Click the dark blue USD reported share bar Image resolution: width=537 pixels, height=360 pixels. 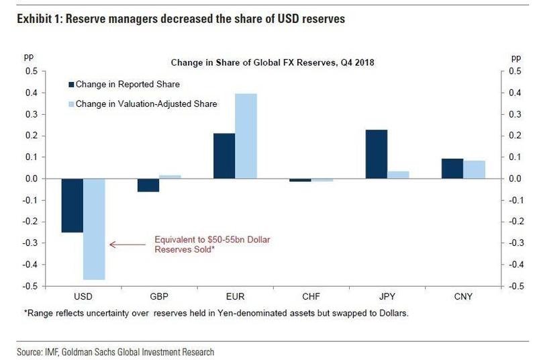click(x=72, y=206)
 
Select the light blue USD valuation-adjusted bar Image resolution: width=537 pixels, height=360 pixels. click(x=95, y=229)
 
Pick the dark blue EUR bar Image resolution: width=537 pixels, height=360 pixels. click(x=224, y=156)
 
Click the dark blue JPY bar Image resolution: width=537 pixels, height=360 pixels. click(x=377, y=154)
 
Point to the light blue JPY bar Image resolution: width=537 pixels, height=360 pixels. click(x=399, y=175)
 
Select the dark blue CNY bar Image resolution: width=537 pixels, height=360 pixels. click(x=452, y=169)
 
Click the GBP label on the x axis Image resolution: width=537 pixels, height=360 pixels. click(x=160, y=296)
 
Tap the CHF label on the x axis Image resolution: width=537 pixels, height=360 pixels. click(x=311, y=296)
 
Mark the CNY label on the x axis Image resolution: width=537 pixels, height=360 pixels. click(x=464, y=296)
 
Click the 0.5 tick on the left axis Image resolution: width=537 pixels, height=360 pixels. click(x=31, y=71)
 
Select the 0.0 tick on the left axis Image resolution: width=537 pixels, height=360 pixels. click(x=31, y=179)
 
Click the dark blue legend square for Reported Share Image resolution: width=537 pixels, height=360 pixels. click(x=70, y=84)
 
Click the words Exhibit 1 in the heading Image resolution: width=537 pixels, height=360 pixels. click(x=32, y=20)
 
